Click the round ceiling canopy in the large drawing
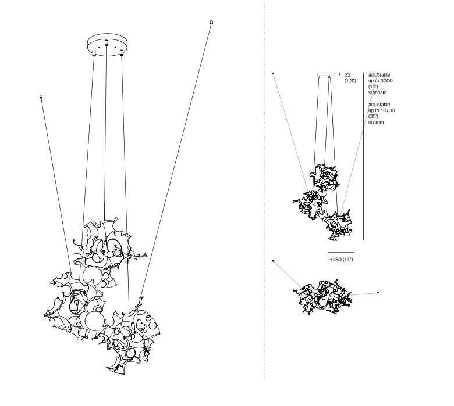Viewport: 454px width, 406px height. [x=107, y=44]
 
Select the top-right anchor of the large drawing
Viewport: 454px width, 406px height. [x=211, y=23]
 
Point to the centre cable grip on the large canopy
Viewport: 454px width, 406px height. [x=107, y=42]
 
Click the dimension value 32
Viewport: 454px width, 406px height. [x=347, y=75]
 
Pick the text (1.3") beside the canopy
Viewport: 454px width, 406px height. [x=349, y=81]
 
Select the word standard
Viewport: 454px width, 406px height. [x=377, y=92]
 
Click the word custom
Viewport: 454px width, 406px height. [x=376, y=123]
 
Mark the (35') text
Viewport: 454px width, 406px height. [x=373, y=116]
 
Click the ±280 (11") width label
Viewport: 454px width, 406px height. [x=341, y=259]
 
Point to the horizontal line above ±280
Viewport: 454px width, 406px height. [x=341, y=251]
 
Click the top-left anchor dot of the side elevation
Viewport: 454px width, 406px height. [x=274, y=73]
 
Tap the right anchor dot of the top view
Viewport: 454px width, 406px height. [x=378, y=292]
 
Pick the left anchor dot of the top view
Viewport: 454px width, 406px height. [x=273, y=261]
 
